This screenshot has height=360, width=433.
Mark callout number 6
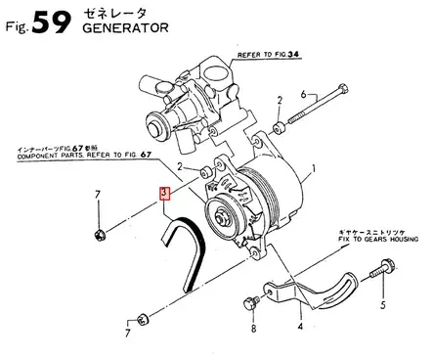[303, 94]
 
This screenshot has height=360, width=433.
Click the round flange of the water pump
[155, 123]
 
